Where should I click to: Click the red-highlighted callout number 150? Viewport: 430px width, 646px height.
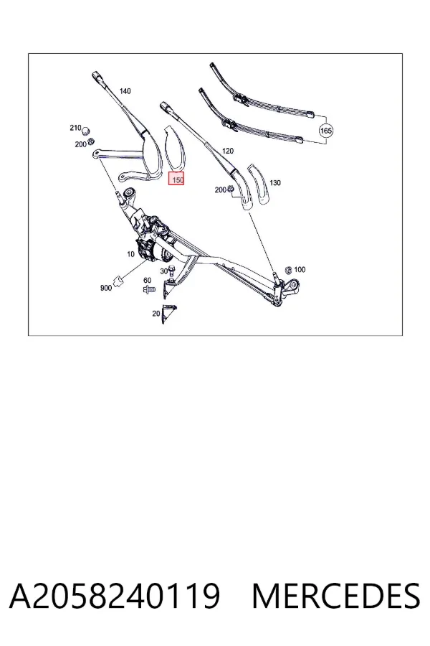click(x=176, y=179)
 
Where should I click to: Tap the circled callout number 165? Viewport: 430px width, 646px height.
click(x=325, y=131)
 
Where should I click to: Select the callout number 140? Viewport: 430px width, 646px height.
click(x=125, y=90)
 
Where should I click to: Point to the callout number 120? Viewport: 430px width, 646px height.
click(x=228, y=151)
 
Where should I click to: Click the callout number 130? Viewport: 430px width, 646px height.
click(x=275, y=182)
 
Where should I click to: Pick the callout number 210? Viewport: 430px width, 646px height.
click(x=75, y=128)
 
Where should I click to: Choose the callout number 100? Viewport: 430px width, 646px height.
click(x=300, y=269)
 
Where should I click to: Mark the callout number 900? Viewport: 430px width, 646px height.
click(x=106, y=288)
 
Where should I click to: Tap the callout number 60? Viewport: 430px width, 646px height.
click(x=148, y=280)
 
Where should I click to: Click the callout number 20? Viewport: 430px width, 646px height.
click(x=156, y=314)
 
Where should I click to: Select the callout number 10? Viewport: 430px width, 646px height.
click(x=131, y=254)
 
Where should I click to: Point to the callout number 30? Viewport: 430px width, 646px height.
click(x=164, y=271)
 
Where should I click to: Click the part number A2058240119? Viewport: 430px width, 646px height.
click(x=115, y=596)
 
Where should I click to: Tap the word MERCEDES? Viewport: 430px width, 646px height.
click(x=336, y=596)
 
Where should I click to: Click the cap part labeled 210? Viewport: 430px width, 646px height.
click(x=86, y=131)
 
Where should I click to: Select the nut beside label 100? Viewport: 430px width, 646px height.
click(x=288, y=271)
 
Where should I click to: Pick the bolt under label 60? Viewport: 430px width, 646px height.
click(x=149, y=290)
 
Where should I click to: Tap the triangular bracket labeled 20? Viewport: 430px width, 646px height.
click(x=168, y=314)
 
